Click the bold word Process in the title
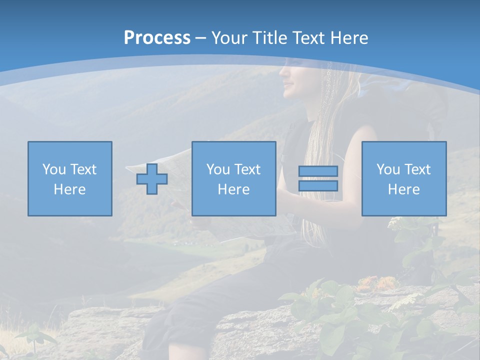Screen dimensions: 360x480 click(157, 38)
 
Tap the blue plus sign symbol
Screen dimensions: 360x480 click(152, 178)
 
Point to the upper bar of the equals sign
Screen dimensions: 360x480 click(318, 171)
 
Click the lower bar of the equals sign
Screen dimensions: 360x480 click(318, 185)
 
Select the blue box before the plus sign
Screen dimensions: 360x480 click(70, 178)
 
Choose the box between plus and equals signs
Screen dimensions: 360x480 click(233, 178)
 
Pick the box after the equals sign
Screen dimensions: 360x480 click(404, 178)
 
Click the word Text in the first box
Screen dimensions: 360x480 click(83, 169)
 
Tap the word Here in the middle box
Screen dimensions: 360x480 click(233, 189)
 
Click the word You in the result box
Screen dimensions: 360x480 click(388, 169)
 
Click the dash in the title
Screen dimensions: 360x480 click(200, 38)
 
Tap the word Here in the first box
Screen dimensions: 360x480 click(69, 189)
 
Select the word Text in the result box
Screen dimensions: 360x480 click(417, 169)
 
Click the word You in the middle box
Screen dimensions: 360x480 click(218, 169)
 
